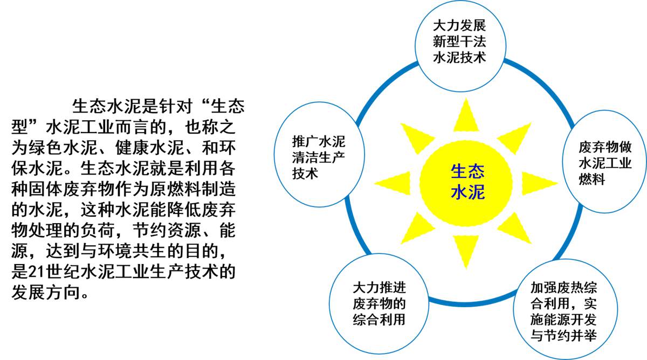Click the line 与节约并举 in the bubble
[563, 335]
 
